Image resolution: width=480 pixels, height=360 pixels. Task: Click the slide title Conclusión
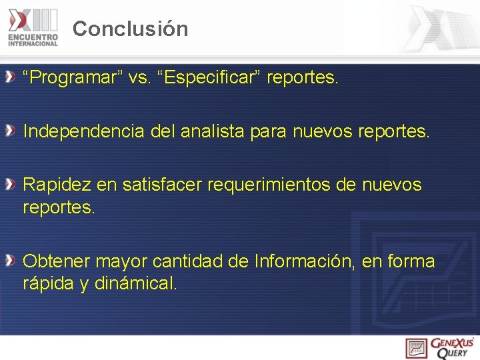[131, 29]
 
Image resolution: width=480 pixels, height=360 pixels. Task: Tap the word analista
[212, 131]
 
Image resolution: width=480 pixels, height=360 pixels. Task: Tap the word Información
[304, 261]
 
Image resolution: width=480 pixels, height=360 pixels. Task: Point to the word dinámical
[136, 283]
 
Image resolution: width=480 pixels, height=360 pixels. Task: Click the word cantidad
[191, 261]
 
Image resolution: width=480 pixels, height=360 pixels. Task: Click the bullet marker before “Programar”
[11, 79]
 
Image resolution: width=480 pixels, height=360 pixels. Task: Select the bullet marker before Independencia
[11, 131]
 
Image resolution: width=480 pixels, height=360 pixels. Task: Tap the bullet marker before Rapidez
[11, 185]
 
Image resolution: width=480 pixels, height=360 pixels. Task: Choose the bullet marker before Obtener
[11, 261]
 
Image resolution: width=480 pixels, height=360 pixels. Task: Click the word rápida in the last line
[49, 283]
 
